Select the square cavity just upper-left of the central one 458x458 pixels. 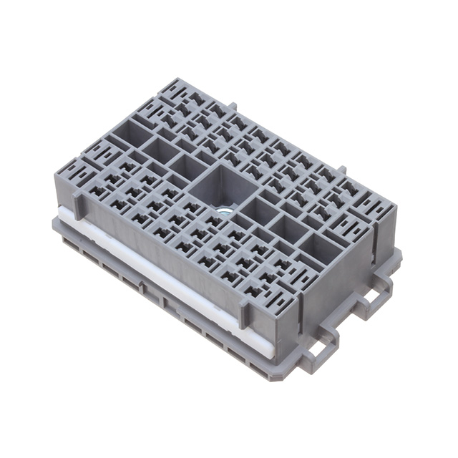[x=187, y=167]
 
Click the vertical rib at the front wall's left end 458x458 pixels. [x=77, y=205]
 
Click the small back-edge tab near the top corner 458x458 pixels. [x=233, y=107]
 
